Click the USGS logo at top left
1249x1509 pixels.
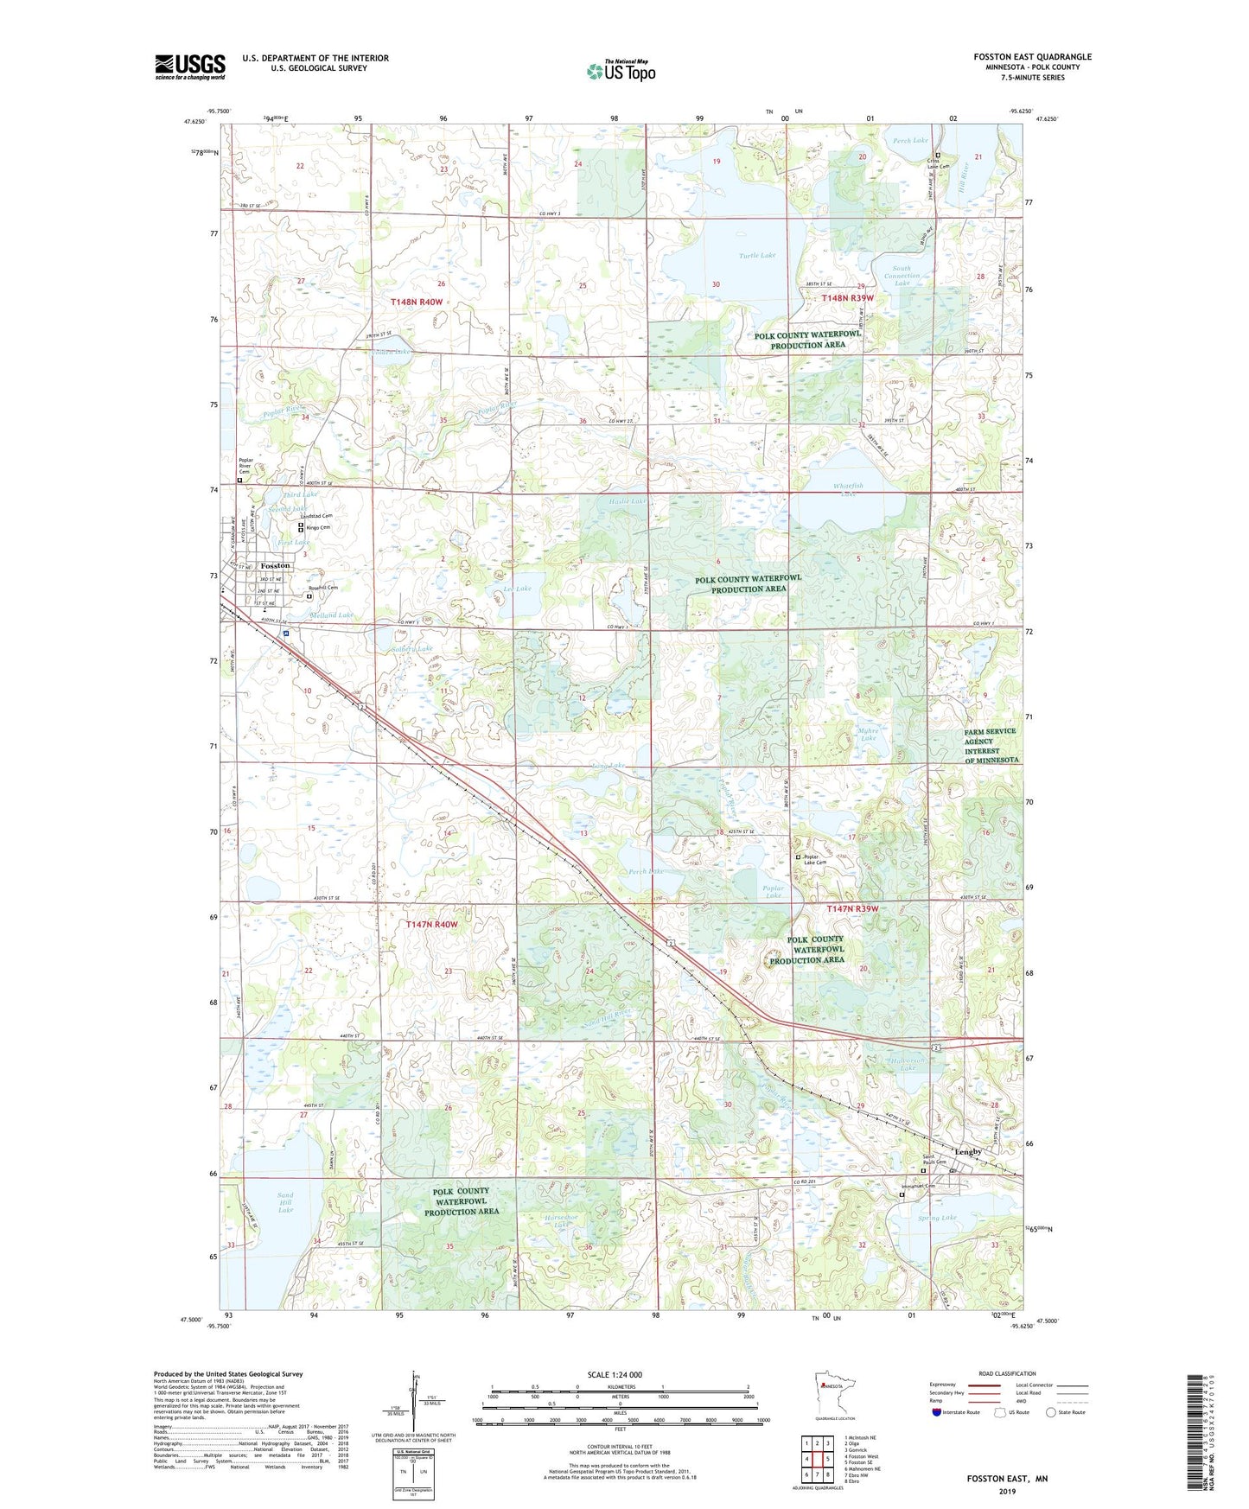point(190,67)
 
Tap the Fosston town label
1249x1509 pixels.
point(276,566)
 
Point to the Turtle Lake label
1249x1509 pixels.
point(757,256)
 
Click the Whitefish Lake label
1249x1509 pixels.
point(848,489)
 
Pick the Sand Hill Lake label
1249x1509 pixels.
point(285,1202)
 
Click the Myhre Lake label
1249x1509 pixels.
point(868,734)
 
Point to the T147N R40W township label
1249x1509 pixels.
point(432,924)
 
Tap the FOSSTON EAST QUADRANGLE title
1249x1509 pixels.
point(1032,57)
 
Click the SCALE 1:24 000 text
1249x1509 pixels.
point(615,1374)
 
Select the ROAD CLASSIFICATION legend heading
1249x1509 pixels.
point(1007,1373)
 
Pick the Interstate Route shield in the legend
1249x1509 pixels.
point(937,1412)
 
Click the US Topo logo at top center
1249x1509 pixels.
point(620,71)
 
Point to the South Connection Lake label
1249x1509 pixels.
point(902,276)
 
